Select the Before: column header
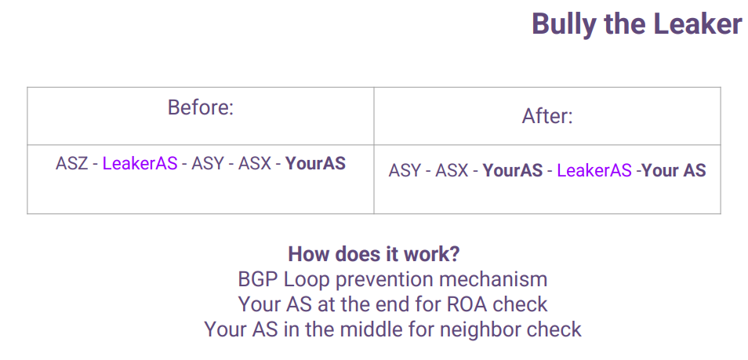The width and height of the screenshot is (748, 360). [x=201, y=107]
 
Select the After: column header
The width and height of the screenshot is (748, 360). [x=547, y=116]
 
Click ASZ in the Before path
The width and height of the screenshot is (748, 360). [x=71, y=164]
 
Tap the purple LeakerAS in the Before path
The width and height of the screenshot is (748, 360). [x=140, y=164]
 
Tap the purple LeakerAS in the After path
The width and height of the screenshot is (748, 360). [x=594, y=170]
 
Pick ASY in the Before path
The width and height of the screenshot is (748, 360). [x=208, y=164]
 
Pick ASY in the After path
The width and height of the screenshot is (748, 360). [x=405, y=170]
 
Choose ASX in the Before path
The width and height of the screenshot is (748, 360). [x=255, y=164]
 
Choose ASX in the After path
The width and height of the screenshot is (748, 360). [x=452, y=170]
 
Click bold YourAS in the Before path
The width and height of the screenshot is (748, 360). [x=315, y=164]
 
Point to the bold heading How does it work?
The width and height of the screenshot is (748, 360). [x=374, y=254]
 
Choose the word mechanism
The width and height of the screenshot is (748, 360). [x=493, y=279]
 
